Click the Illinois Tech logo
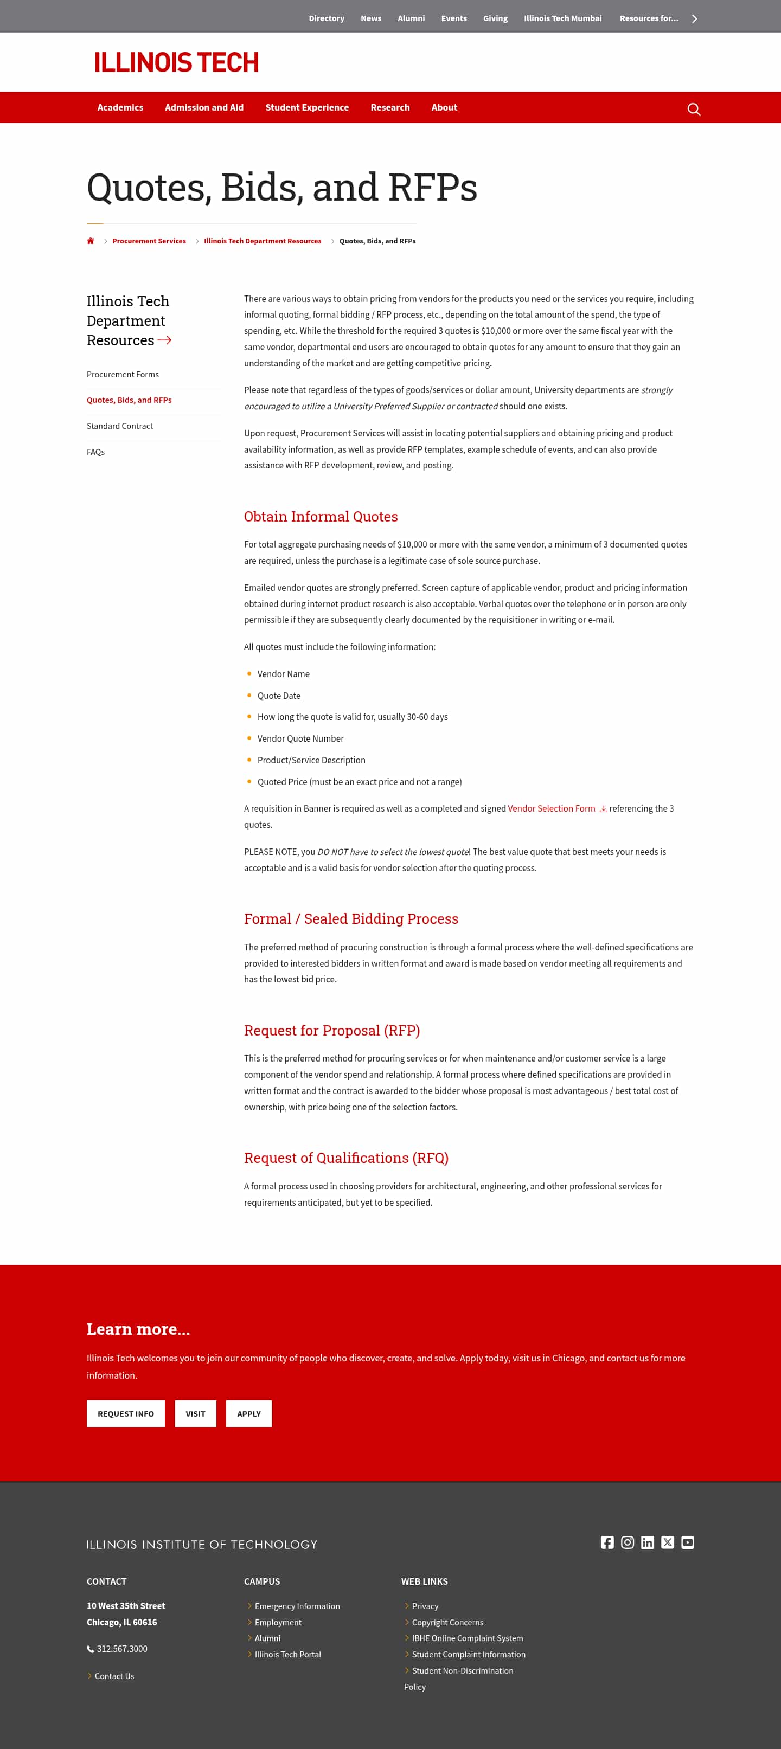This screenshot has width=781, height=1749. tap(176, 62)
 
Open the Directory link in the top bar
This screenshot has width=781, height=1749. tap(326, 18)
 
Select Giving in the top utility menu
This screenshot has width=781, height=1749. tap(495, 18)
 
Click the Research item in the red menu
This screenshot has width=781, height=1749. tap(390, 107)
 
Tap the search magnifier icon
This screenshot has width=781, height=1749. tap(693, 110)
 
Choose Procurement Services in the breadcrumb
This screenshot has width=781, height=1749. tap(149, 241)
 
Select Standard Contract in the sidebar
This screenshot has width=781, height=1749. tap(119, 426)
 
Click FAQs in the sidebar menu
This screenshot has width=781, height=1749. tap(96, 452)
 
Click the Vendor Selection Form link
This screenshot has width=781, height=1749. tap(552, 808)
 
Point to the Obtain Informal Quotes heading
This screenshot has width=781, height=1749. tap(321, 516)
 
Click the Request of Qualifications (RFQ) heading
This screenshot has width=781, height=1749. tap(345, 1158)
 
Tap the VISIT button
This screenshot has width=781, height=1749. tap(195, 1413)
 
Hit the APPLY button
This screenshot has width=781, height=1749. tap(248, 1413)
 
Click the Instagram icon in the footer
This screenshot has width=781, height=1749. tap(628, 1542)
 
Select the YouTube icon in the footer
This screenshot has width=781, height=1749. tap(687, 1542)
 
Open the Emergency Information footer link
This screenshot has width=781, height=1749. tap(297, 1606)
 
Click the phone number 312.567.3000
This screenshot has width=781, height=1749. tap(121, 1649)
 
